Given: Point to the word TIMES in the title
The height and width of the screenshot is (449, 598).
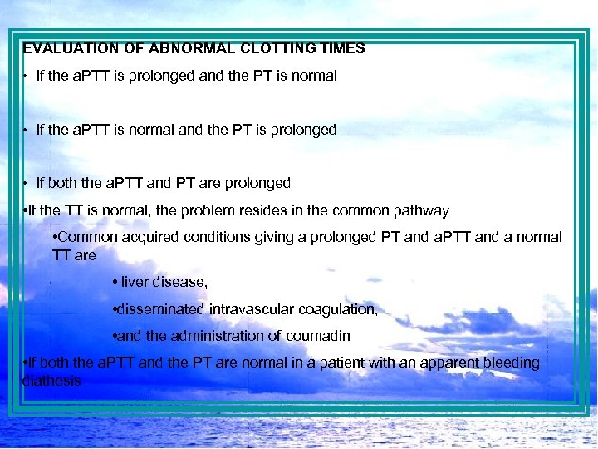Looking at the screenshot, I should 341,48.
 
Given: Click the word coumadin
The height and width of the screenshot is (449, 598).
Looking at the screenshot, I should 318,336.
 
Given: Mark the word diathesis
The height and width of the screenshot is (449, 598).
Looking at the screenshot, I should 51,381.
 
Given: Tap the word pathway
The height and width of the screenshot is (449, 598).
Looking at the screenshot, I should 422,210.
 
